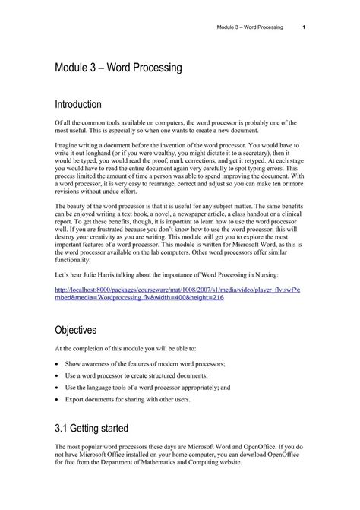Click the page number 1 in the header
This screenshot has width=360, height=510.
tap(304, 27)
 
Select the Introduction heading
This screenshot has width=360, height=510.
tap(87, 103)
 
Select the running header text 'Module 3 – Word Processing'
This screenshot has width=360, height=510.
tap(250, 27)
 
